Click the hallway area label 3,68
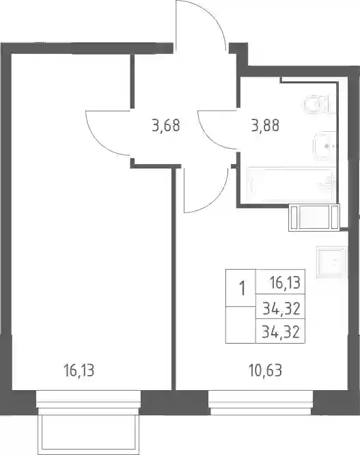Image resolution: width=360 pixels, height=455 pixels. tap(166, 126)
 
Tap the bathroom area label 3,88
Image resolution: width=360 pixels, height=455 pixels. tap(265, 126)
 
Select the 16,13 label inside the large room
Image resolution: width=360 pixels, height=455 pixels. tap(79, 371)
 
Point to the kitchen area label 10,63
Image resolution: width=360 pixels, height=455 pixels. tap(266, 371)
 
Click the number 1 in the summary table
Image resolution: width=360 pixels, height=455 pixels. tap(241, 288)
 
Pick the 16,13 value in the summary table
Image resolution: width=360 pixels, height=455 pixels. tap(285, 283)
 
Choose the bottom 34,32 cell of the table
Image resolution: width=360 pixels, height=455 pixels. tap(281, 331)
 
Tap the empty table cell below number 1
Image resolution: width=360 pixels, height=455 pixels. tap(240, 325)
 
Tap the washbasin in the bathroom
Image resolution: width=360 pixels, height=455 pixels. tap(324, 146)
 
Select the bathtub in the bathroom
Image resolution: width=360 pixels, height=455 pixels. tap(290, 184)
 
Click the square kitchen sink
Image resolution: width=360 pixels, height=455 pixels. tap(332, 262)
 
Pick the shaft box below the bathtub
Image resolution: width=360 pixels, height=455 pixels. tap(314, 218)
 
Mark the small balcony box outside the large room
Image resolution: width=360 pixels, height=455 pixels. tap(89, 433)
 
